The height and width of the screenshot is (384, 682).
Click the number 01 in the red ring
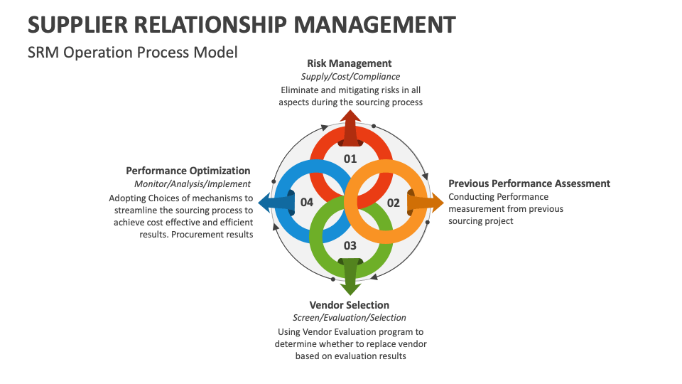click(350, 159)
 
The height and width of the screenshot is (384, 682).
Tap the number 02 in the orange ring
click(393, 203)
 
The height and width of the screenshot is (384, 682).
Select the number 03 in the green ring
click(350, 245)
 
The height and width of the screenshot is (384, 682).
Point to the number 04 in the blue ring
click(307, 203)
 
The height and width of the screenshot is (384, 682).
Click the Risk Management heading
click(350, 63)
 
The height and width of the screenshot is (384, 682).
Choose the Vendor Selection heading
click(350, 305)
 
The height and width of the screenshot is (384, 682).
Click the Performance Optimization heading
click(188, 171)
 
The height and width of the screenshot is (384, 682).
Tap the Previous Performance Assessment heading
click(529, 183)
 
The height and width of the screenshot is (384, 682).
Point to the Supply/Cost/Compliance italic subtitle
click(350, 76)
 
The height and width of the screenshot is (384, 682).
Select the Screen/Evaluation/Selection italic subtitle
click(350, 318)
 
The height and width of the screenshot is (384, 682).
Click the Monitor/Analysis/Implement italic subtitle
click(193, 184)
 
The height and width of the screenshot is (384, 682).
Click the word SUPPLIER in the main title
click(79, 25)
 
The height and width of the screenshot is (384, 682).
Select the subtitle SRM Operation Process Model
click(132, 53)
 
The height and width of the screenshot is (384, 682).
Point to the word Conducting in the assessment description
click(471, 197)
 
